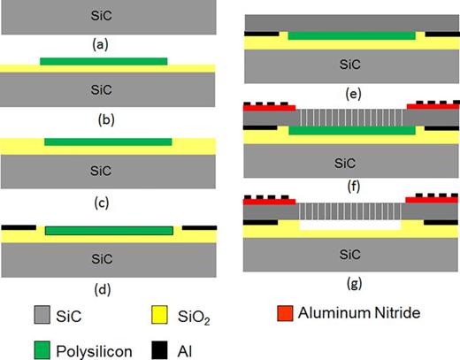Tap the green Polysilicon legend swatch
point(21,349)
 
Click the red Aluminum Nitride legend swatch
point(284,312)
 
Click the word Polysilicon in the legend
point(87,350)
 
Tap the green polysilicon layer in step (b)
point(103,61)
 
